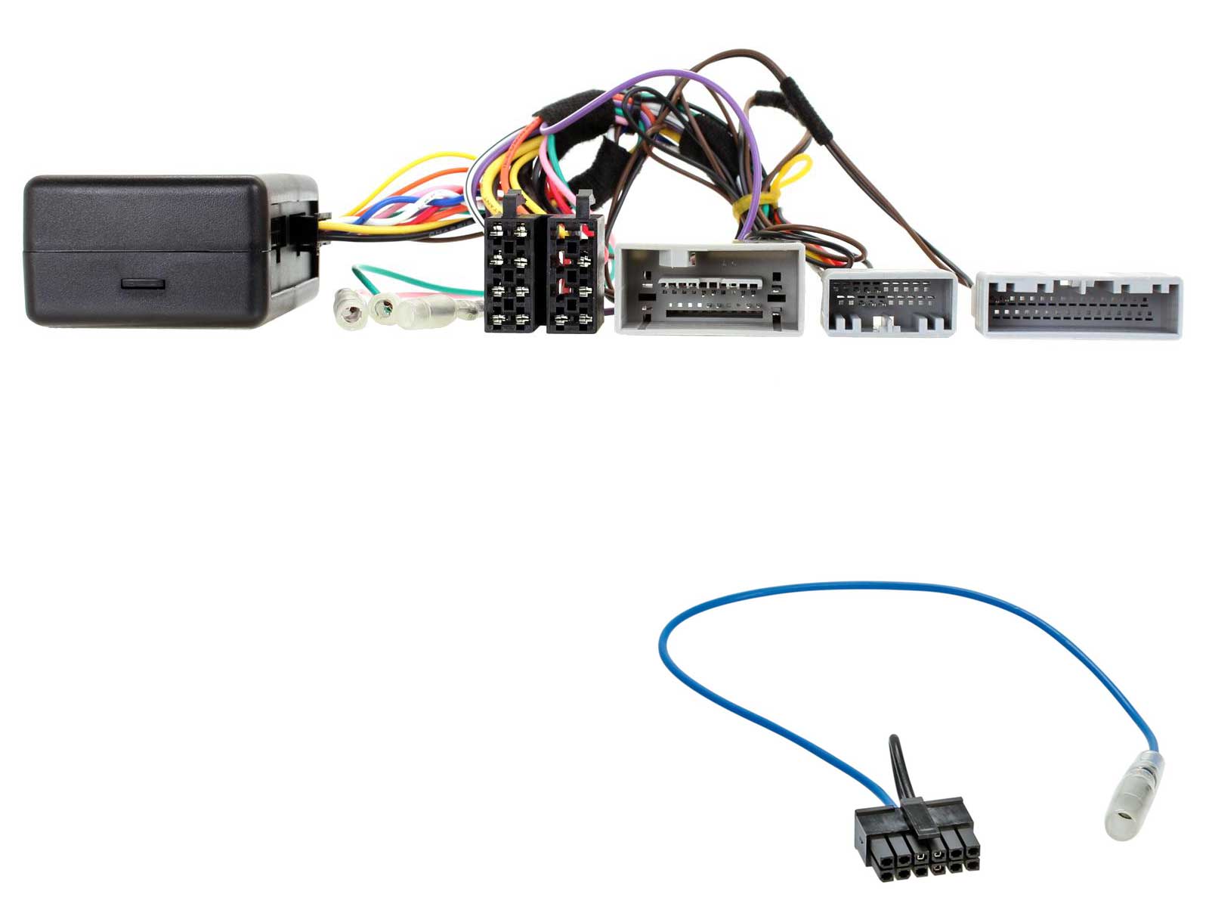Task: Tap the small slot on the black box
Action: (x=144, y=284)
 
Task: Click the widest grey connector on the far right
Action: (x=1079, y=305)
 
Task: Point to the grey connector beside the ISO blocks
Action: (x=709, y=289)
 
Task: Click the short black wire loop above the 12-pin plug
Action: (x=899, y=763)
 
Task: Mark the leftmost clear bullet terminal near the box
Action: (x=349, y=310)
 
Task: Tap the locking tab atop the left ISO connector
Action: (x=512, y=203)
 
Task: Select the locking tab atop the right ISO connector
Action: (x=584, y=203)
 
